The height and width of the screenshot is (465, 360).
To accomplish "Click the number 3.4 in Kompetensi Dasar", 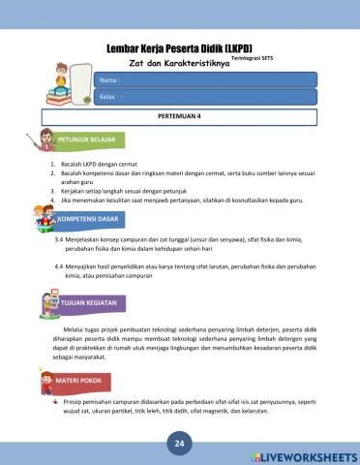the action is coord(60,238).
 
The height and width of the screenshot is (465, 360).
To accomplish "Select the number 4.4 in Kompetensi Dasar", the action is coord(60,264).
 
